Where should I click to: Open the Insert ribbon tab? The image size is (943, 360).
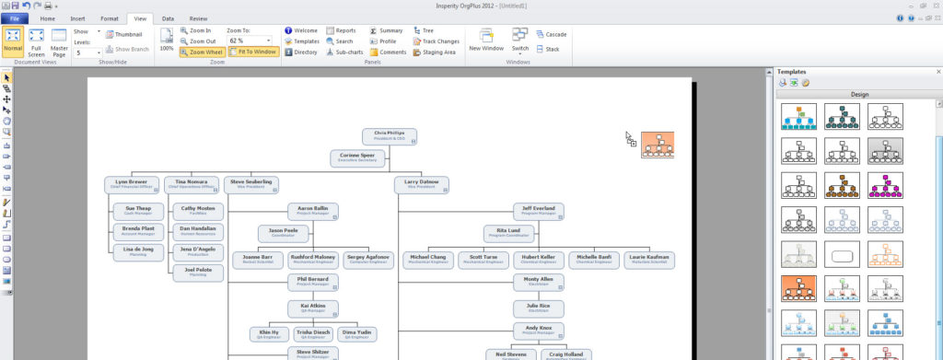[x=77, y=18]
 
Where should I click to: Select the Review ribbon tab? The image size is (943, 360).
[x=197, y=18]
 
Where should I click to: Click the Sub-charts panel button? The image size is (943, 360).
[x=344, y=52]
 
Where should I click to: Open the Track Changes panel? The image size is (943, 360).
[x=436, y=41]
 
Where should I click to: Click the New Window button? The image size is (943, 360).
[x=485, y=41]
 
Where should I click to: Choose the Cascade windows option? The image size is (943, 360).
[x=551, y=34]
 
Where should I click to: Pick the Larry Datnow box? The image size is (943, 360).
[x=423, y=184]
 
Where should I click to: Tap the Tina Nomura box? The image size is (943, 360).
[x=192, y=184]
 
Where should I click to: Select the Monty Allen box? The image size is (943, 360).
[x=539, y=281]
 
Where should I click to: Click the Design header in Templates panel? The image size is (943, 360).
[x=858, y=94]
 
